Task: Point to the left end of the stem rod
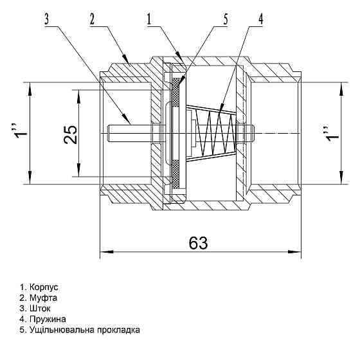(110, 133)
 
